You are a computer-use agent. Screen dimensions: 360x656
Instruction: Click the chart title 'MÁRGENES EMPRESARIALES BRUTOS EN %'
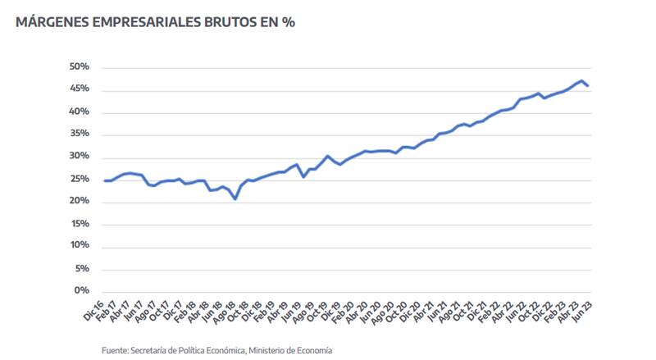(155, 23)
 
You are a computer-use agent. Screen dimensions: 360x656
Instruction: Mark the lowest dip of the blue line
(235, 198)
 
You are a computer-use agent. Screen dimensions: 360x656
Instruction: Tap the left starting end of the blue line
(105, 180)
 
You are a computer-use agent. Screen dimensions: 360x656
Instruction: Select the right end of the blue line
(588, 86)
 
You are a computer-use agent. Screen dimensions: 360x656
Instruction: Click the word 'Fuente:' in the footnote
(116, 350)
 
